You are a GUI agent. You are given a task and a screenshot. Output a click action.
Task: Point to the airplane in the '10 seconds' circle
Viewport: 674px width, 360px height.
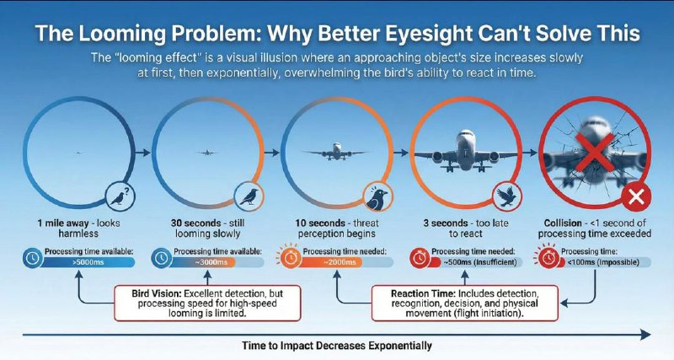(335, 152)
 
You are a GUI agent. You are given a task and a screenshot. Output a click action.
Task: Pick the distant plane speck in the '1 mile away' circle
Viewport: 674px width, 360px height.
(77, 153)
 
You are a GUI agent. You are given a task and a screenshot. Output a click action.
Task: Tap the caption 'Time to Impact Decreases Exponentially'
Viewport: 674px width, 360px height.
(337, 346)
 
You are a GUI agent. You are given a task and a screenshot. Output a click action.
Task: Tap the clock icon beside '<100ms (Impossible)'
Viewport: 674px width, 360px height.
(548, 258)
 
